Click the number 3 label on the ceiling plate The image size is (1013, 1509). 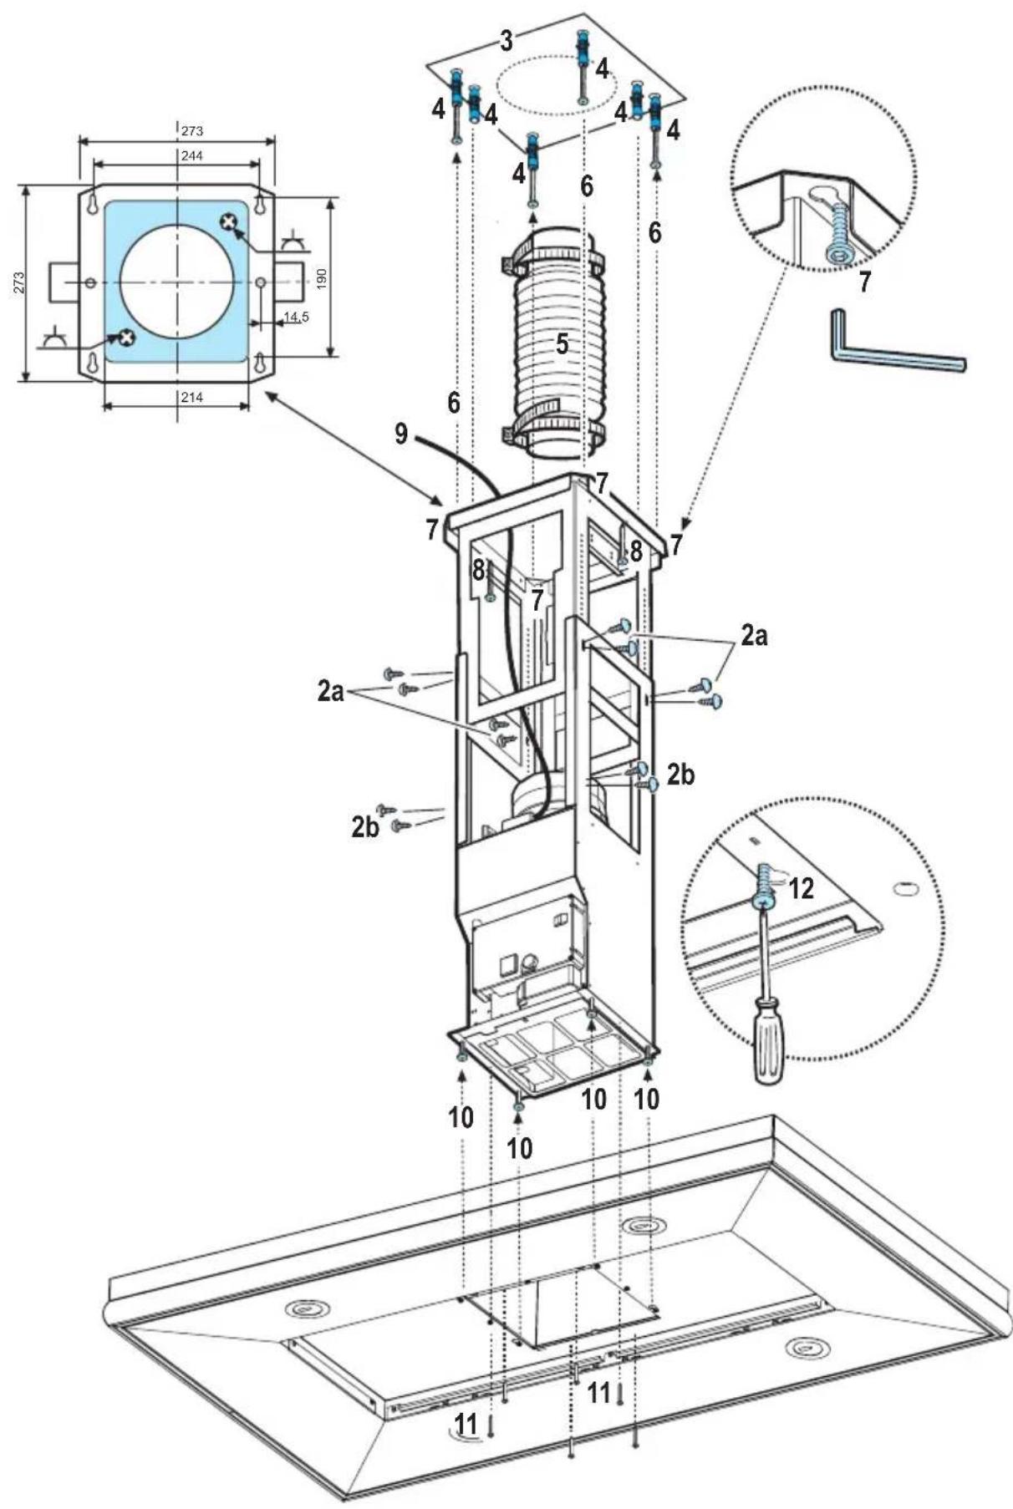pyautogui.click(x=506, y=40)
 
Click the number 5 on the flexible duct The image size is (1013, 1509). pyautogui.click(x=562, y=343)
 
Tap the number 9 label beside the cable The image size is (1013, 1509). pyautogui.click(x=401, y=434)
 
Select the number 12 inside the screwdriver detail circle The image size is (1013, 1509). pyautogui.click(x=800, y=888)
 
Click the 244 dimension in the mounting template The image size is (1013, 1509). pyautogui.click(x=191, y=155)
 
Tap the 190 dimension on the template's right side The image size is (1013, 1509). pyautogui.click(x=323, y=278)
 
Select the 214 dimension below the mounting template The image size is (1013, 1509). pyautogui.click(x=191, y=398)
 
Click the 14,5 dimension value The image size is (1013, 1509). pyautogui.click(x=296, y=317)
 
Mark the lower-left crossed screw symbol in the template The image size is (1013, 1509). pyautogui.click(x=126, y=337)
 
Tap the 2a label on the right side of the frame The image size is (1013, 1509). pyautogui.click(x=753, y=636)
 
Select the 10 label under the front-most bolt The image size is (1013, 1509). pyautogui.click(x=519, y=1147)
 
